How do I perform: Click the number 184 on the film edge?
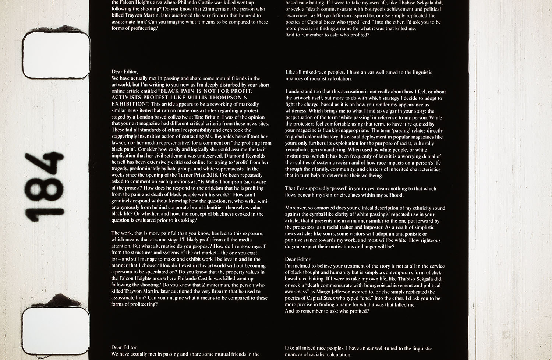coord(44,187)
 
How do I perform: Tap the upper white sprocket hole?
coord(56,54)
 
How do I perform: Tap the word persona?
coord(123,272)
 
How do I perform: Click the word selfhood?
coord(392,195)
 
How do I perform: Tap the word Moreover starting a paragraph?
coord(296,208)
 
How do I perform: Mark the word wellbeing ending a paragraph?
coord(371,176)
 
